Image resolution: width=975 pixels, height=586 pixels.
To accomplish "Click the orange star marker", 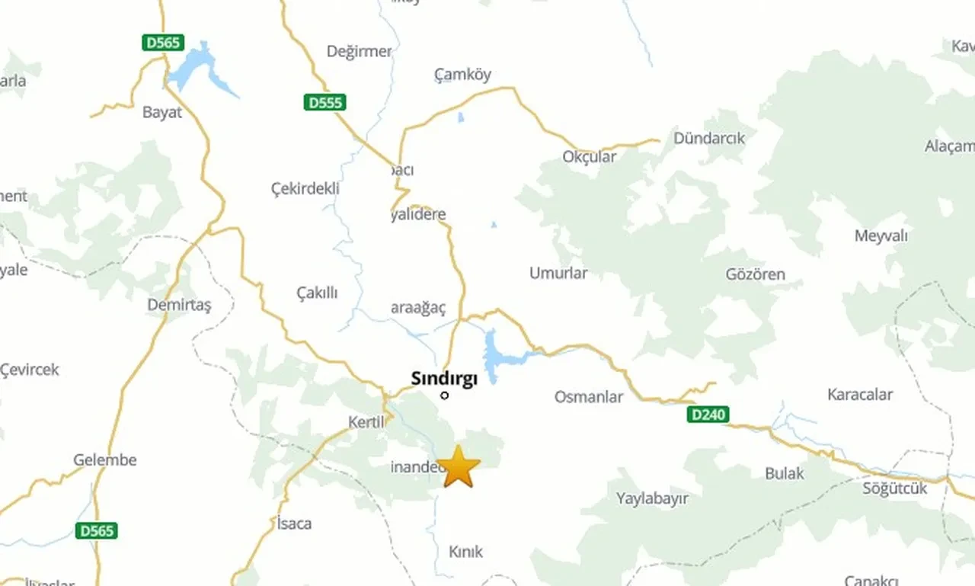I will pos(459,467).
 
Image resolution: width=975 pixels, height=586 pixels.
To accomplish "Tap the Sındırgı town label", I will pos(443,378).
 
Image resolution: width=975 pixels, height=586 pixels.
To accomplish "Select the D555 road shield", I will pos(324,102).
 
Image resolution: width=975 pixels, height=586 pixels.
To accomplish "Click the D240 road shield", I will pos(708,415).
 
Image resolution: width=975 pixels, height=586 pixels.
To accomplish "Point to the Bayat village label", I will pos(162,113).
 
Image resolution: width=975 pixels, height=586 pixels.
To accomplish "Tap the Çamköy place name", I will pos(462,75).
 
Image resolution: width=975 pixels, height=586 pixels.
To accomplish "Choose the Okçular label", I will pos(589,156).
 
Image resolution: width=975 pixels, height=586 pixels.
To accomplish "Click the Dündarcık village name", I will pos(708,139).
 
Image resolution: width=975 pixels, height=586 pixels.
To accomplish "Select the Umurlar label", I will pos(558,273).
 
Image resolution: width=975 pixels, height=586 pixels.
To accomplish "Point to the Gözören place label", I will pos(755,274).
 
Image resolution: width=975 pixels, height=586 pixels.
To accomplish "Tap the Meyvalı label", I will pos(881,235).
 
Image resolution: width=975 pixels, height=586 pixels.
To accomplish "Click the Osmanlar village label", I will pos(588,397).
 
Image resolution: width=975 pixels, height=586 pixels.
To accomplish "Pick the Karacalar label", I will pos(859,395).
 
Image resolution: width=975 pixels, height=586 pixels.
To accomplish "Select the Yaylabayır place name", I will pos(652,498).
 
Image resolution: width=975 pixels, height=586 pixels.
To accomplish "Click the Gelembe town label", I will pos(105,460).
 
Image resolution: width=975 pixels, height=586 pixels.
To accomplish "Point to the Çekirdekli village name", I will pos(305,189).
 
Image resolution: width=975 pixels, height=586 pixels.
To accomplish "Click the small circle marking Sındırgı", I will pos(445,395).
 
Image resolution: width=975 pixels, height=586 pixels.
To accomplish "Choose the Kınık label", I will pos(465,552).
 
